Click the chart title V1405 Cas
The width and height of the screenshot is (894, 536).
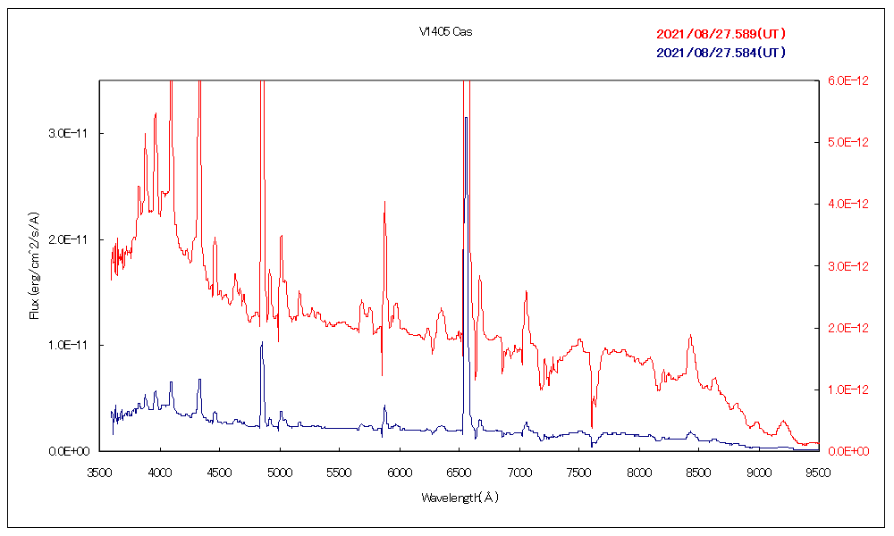(x=446, y=32)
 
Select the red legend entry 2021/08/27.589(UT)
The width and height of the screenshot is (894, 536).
(x=721, y=34)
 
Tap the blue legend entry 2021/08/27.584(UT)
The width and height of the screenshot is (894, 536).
(x=721, y=53)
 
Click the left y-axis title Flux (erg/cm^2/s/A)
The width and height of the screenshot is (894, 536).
(x=35, y=265)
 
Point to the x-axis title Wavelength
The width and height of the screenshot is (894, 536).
(x=460, y=498)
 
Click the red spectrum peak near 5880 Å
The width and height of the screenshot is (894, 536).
(x=384, y=202)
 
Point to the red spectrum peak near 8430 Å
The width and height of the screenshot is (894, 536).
(x=690, y=335)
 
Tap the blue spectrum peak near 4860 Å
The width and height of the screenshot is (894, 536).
(x=262, y=342)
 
